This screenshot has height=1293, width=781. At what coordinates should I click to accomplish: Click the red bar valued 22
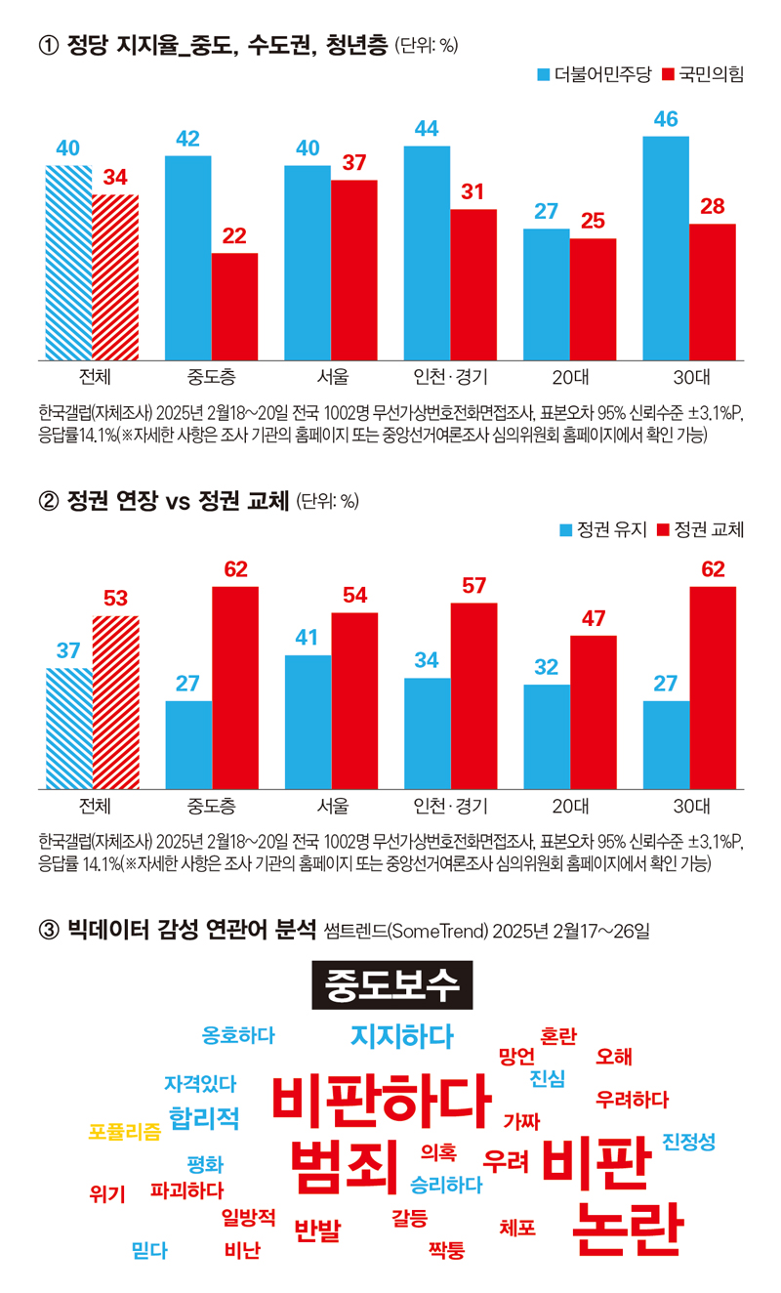pos(234,307)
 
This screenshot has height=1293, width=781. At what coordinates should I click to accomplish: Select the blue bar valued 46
pos(666,248)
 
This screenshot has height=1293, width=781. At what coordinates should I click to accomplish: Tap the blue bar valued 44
pos(427,253)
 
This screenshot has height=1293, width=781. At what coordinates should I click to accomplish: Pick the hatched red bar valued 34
pos(115,277)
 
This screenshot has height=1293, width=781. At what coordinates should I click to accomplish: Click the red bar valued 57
pos(473,695)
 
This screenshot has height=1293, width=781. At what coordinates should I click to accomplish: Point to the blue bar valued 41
pos(308,722)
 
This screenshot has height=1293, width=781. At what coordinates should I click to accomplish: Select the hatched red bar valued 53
pos(115,702)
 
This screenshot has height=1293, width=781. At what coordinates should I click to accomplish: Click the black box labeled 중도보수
pos(391,984)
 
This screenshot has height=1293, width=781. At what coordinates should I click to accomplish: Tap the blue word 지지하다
pos(401,1036)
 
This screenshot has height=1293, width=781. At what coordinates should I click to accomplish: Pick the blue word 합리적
pos(204,1117)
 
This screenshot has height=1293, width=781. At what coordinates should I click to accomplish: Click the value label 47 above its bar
pos(594,618)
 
